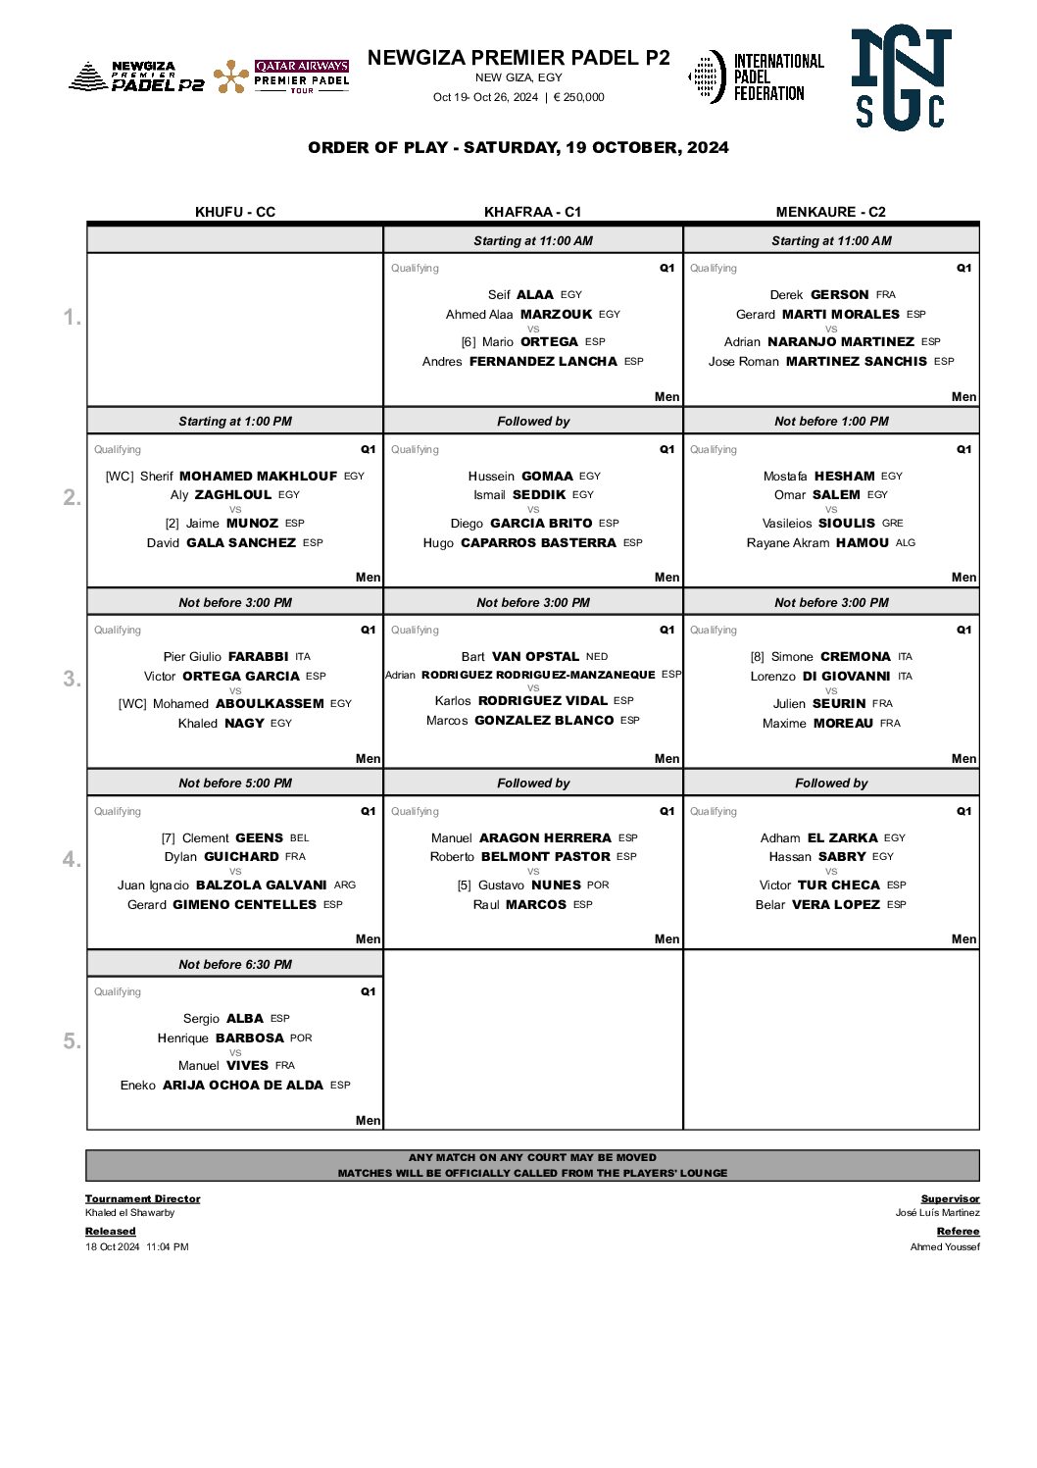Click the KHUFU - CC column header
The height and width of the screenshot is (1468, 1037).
click(235, 212)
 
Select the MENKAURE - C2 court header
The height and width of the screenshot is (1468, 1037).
click(830, 212)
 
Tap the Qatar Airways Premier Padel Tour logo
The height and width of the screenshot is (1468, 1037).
click(281, 76)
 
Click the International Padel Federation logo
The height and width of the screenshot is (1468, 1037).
click(756, 77)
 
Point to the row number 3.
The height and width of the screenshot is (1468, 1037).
click(72, 679)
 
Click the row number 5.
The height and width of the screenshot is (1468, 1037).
click(72, 1040)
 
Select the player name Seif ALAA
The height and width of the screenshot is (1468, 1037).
click(520, 294)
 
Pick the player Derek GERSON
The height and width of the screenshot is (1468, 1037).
click(819, 294)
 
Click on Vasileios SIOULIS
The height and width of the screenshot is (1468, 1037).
click(818, 524)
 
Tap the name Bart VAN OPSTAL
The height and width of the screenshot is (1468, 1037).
click(520, 657)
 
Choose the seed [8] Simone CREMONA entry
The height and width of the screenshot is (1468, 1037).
click(820, 657)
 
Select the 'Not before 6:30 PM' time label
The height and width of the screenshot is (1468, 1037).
click(235, 965)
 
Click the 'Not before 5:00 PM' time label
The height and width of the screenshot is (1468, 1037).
click(235, 784)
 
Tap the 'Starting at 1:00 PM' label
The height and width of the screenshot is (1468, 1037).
click(235, 422)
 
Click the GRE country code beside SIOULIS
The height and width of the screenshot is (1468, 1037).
click(893, 524)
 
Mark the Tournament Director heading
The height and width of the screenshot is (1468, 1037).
click(142, 1199)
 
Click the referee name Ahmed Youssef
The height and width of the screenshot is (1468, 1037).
click(945, 1247)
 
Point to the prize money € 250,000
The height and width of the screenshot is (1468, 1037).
click(578, 97)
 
